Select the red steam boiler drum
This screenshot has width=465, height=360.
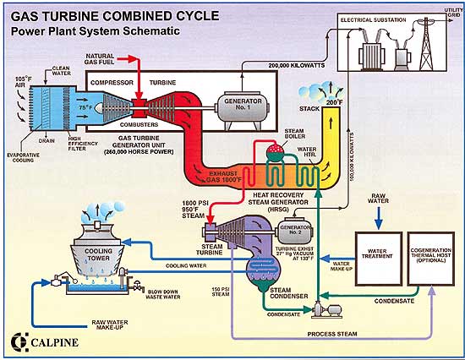coord(273,152)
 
